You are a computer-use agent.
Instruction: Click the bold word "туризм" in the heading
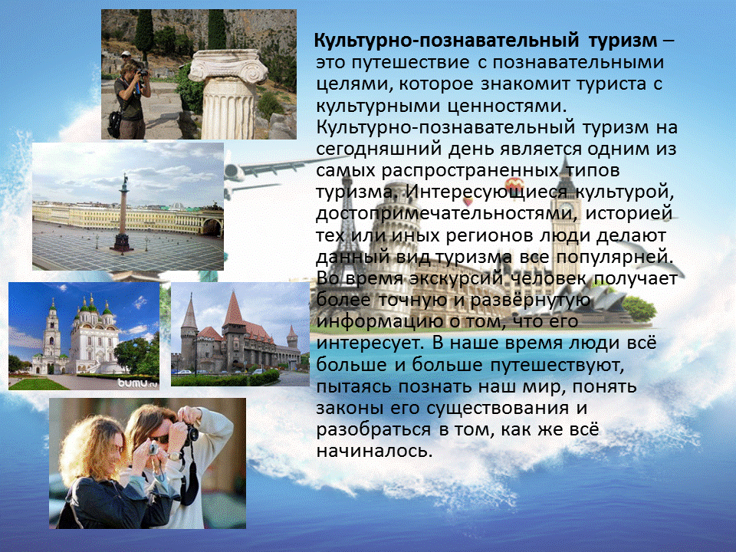[623, 41]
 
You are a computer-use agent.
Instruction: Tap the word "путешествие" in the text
[410, 63]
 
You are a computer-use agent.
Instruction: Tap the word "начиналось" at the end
[373, 451]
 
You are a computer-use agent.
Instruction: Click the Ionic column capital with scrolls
[228, 66]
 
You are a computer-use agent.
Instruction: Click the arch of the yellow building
[212, 228]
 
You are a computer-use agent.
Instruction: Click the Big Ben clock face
[567, 207]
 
